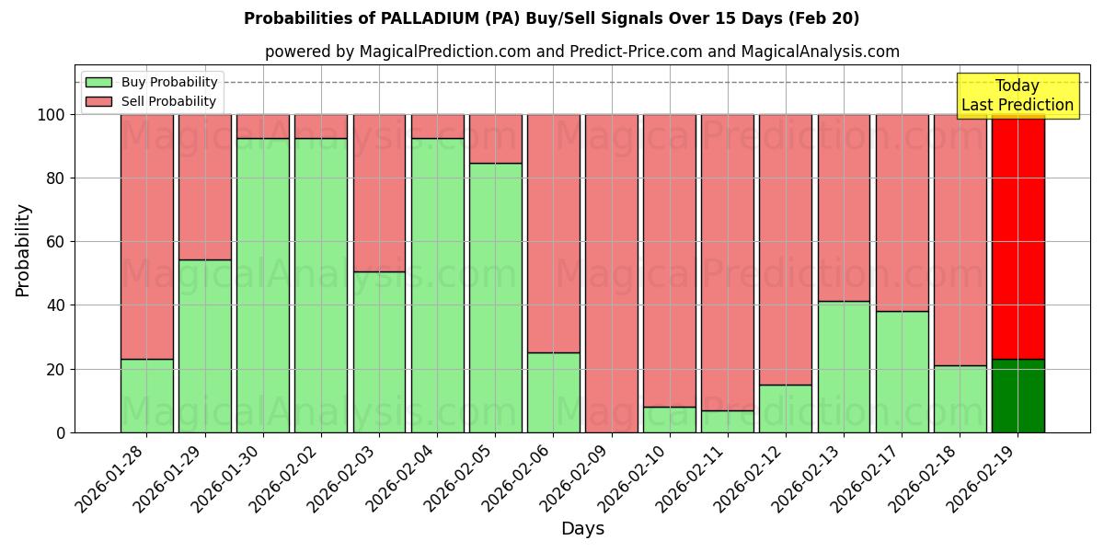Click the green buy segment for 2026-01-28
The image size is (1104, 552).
146,396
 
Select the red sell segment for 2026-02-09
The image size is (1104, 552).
612,273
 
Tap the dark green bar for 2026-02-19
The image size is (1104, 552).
1018,396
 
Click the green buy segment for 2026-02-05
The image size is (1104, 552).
495,297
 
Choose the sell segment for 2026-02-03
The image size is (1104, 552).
379,193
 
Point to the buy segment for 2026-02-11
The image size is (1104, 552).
728,421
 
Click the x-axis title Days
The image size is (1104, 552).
582,529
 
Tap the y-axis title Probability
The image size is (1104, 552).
23,250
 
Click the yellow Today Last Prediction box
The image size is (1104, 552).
1018,96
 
